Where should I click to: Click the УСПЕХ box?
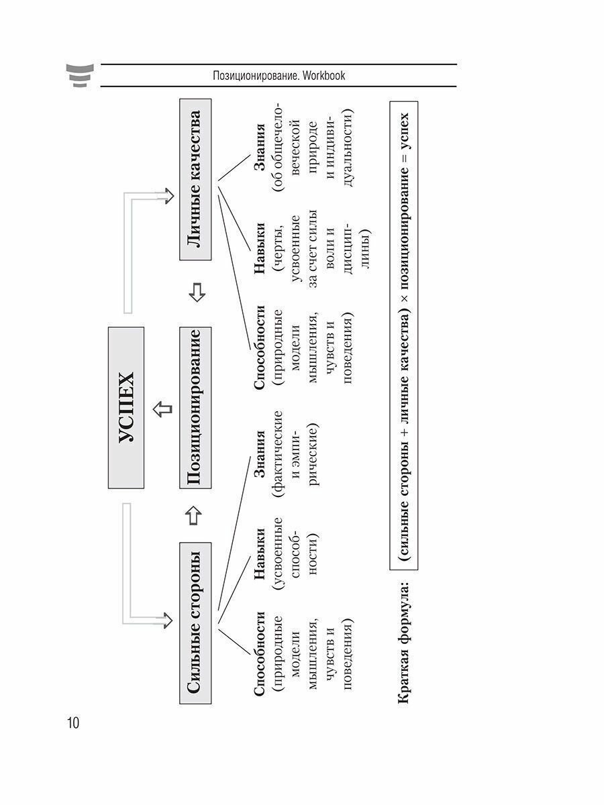[x=126, y=407]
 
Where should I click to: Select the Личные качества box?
[x=195, y=180]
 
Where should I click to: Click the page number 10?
[x=72, y=723]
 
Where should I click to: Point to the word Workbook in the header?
[x=323, y=76]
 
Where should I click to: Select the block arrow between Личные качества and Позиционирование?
[x=195, y=293]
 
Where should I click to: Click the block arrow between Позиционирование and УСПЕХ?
[x=160, y=407]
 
